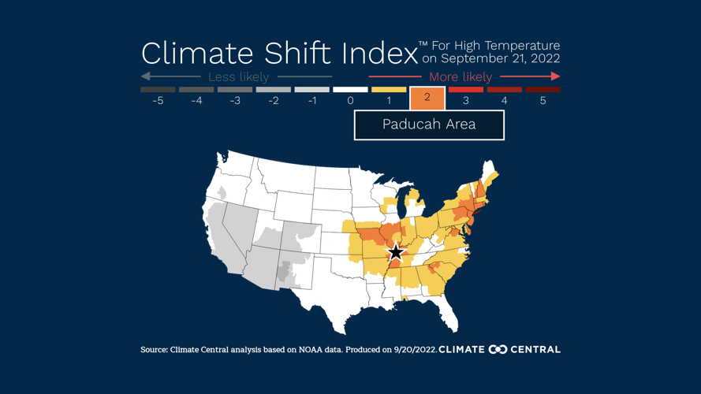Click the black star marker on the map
[396, 252]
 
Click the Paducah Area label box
[429, 125]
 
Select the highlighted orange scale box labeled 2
[427, 98]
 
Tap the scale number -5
[158, 101]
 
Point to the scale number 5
[543, 101]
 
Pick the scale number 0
[350, 101]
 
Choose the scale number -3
[235, 101]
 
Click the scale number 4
[504, 101]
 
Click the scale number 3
[465, 101]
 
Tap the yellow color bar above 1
[389, 90]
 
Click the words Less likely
[238, 77]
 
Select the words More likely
[460, 77]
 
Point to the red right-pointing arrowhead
[556, 76]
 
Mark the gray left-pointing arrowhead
[145, 76]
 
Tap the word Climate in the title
[196, 54]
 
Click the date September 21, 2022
[501, 59]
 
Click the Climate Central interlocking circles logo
[498, 349]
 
